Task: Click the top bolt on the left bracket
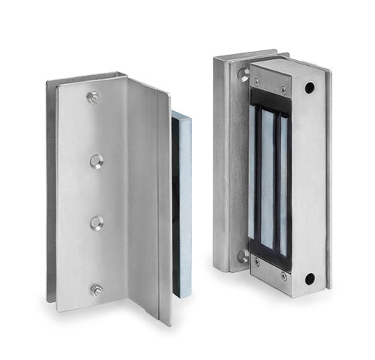click(93, 97)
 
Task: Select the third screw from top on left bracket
click(97, 222)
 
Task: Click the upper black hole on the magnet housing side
click(309, 88)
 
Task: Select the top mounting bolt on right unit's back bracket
click(244, 74)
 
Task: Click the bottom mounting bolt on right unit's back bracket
click(243, 256)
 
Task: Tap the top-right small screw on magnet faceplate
click(282, 88)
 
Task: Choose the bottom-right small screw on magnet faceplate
click(283, 275)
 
